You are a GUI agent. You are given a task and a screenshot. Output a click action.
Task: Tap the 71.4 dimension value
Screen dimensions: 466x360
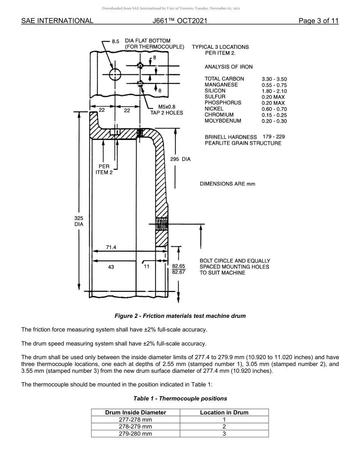point(111,247)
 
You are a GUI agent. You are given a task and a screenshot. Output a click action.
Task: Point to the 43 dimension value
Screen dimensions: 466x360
point(111,267)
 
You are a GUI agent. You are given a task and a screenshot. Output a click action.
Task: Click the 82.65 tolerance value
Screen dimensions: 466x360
point(178,266)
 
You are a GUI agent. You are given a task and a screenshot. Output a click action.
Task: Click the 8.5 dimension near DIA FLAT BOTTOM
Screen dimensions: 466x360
point(116,41)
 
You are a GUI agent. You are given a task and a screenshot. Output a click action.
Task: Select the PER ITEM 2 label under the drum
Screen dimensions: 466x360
point(104,169)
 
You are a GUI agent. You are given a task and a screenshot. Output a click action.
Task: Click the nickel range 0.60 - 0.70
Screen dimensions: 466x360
point(274,109)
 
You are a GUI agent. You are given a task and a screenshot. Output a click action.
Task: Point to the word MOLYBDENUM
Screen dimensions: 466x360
point(223,121)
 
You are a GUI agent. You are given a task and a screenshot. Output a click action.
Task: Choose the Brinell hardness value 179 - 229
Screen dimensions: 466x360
point(274,136)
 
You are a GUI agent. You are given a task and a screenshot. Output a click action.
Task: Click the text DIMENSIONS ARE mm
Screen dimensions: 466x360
point(227,184)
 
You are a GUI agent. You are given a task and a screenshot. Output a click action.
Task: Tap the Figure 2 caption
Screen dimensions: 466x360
point(180,316)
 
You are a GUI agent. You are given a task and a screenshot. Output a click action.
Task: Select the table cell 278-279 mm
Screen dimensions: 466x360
point(135,427)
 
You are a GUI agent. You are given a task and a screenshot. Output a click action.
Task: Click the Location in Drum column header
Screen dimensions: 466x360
point(224,413)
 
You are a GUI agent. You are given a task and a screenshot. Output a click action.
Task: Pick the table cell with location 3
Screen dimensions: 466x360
point(224,434)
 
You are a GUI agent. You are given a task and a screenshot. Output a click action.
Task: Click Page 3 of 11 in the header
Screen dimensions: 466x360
point(318,21)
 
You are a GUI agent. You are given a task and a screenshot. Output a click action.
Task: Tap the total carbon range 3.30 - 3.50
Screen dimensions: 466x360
point(274,79)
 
